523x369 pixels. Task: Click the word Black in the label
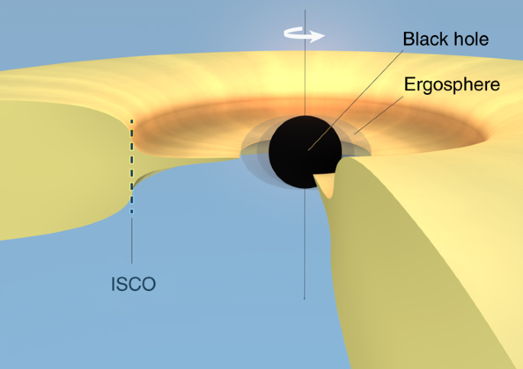pyautogui.click(x=422, y=39)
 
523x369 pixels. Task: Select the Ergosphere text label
pyautogui.click(x=451, y=84)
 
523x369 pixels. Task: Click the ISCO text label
pyautogui.click(x=133, y=285)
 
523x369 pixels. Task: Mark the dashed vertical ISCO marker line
pyautogui.click(x=132, y=164)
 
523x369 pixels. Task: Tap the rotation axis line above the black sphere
pyautogui.click(x=305, y=76)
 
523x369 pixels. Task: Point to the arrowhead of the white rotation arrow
pyautogui.click(x=321, y=35)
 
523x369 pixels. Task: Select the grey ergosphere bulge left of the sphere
pyautogui.click(x=256, y=149)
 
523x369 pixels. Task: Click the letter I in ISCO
pyautogui.click(x=114, y=285)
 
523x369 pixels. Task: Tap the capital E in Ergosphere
pyautogui.click(x=409, y=84)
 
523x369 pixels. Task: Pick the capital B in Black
pyautogui.click(x=408, y=39)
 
